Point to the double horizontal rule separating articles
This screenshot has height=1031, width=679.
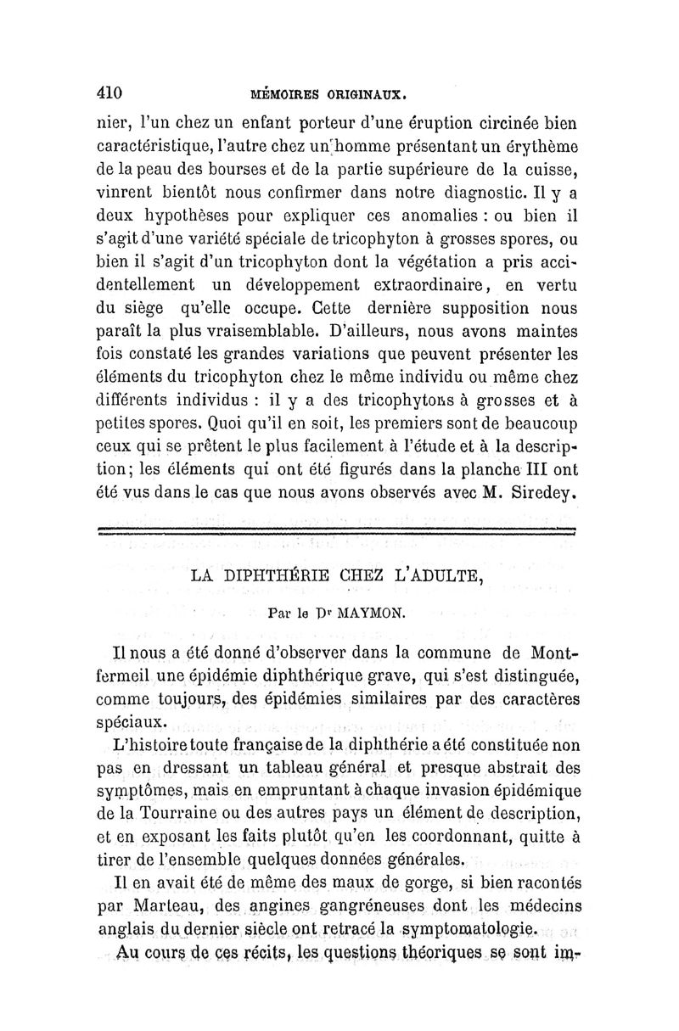(335, 531)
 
